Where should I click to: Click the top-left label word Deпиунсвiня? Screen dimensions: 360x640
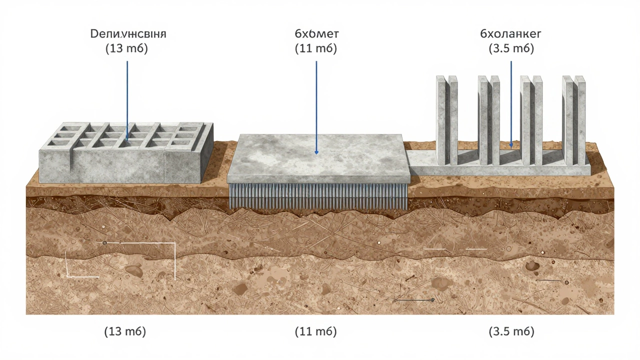click(127, 34)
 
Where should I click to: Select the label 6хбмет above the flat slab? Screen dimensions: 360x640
click(316, 34)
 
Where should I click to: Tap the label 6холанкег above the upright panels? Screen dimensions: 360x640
click(511, 34)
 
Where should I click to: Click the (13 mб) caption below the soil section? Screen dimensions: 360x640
click(125, 331)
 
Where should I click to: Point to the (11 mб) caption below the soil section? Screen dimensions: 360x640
click(316, 331)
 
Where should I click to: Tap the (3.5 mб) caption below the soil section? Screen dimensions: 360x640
click(511, 331)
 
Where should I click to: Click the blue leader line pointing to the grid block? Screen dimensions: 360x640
click(127, 100)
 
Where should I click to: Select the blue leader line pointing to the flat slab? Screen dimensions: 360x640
click(316, 105)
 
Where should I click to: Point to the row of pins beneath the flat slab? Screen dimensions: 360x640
click(318, 195)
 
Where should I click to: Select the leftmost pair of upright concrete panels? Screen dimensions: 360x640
click(447, 120)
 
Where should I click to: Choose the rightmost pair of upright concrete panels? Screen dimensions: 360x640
click(573, 120)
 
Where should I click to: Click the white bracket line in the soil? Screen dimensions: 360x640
click(174, 260)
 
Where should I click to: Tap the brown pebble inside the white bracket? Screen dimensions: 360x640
click(134, 270)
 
